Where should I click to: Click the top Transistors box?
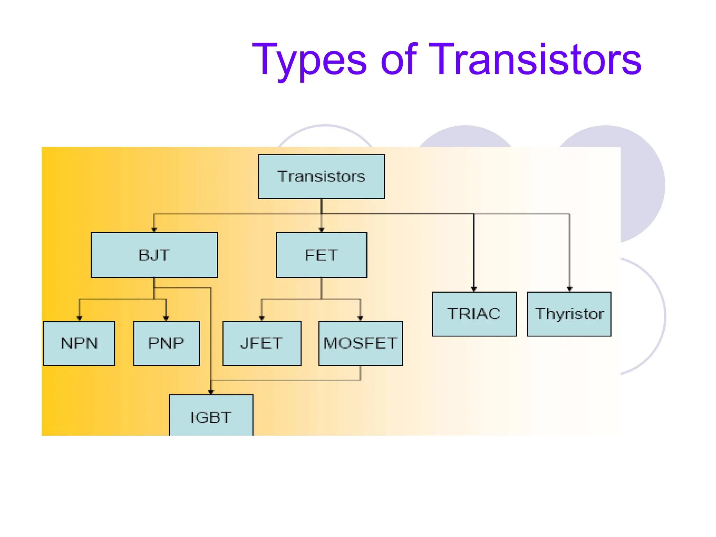(321, 177)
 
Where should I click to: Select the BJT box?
(154, 255)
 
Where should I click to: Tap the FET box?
(321, 255)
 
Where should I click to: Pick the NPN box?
(79, 343)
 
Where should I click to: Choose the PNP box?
(166, 343)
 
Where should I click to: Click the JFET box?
(262, 343)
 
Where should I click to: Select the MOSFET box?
(360, 343)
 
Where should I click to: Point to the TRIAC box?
(474, 314)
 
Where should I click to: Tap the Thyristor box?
(569, 314)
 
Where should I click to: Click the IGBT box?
(211, 416)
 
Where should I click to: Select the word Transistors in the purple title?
(535, 59)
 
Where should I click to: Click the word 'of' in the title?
(399, 59)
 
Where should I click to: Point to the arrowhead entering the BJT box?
(154, 230)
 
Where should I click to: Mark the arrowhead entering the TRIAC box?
(474, 289)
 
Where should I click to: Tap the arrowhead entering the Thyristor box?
(570, 289)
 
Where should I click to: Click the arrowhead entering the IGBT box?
(211, 392)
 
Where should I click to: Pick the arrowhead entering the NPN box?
(79, 318)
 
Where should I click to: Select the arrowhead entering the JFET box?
(262, 318)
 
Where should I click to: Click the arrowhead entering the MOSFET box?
(360, 318)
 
